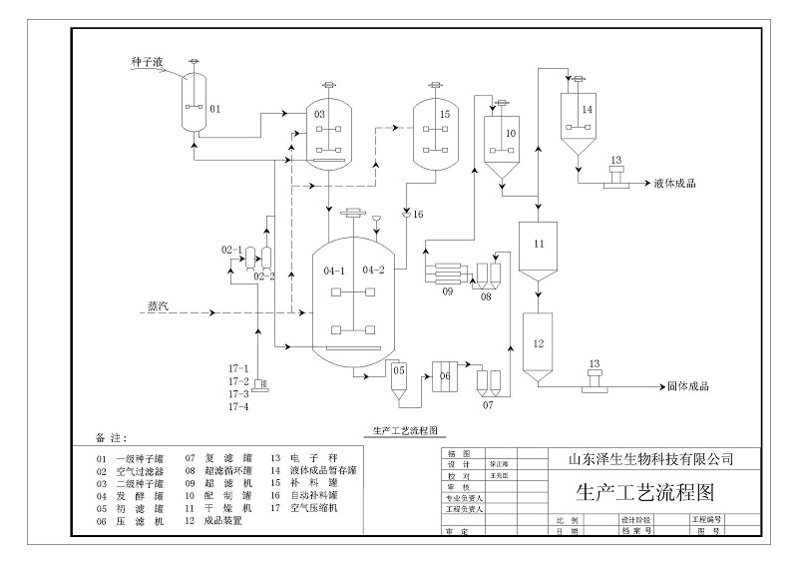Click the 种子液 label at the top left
[x=147, y=62]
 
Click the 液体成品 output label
[x=674, y=184]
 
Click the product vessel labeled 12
[x=539, y=345]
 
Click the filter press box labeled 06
[x=445, y=376]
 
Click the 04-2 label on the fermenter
[x=374, y=270]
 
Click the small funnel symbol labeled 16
[x=405, y=214]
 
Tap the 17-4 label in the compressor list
[x=238, y=406]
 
